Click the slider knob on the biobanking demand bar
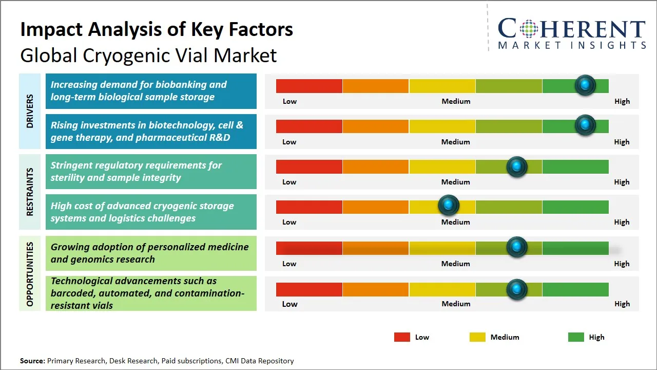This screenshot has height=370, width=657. click(x=585, y=85)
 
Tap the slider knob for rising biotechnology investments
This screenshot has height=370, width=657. click(x=585, y=125)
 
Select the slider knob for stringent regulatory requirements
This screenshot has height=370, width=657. click(x=516, y=166)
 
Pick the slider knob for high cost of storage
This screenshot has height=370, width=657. click(x=449, y=205)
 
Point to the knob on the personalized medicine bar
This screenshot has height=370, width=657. click(x=516, y=247)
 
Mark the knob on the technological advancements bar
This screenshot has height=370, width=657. click(x=516, y=289)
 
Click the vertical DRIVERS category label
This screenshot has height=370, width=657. click(x=30, y=111)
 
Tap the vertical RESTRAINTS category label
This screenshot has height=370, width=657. click(x=30, y=192)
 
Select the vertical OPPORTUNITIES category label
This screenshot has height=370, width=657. click(x=30, y=274)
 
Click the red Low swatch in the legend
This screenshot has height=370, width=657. click(x=402, y=337)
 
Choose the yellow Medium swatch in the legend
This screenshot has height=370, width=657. click(x=477, y=337)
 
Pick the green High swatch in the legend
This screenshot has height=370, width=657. click(x=576, y=337)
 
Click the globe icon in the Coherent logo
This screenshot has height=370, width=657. click(x=528, y=29)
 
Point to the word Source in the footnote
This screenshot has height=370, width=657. click(x=32, y=361)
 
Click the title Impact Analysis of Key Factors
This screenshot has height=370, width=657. click(x=157, y=29)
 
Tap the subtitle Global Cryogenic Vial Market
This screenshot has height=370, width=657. click(x=148, y=55)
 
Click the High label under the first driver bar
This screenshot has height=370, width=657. click(x=622, y=101)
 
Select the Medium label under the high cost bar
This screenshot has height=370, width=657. click(x=456, y=222)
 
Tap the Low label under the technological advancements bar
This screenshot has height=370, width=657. click(x=289, y=304)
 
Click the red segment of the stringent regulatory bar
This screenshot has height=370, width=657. click(x=309, y=166)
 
